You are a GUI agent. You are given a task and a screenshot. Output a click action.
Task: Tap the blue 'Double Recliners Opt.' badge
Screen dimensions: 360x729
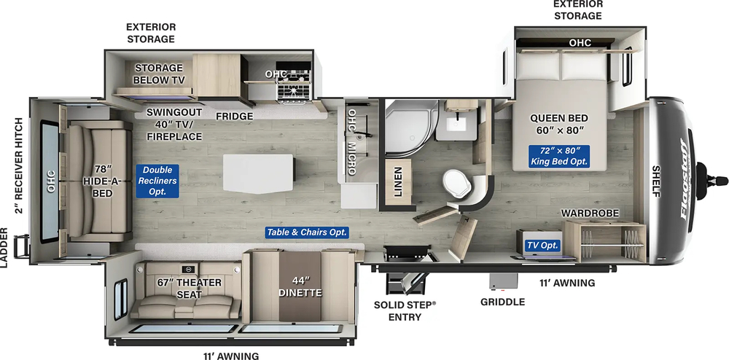coord(155,180)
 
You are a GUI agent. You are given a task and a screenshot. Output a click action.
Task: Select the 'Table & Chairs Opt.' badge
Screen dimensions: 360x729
coord(306,232)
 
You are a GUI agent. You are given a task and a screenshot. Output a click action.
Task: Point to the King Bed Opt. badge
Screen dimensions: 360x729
coord(559,154)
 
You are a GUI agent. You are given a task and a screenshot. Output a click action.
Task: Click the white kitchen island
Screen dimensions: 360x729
coord(259,173)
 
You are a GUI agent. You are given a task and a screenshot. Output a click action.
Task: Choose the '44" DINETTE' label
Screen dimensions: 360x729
coord(300,287)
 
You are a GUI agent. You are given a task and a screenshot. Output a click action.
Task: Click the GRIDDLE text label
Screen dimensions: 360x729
coord(502,302)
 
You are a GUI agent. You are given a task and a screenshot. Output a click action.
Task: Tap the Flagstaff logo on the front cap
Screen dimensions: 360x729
coord(687,179)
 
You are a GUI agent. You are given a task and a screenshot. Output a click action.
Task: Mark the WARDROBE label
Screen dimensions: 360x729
coord(590,213)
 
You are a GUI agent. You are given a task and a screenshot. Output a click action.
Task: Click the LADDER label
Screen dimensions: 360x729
coord(6,249)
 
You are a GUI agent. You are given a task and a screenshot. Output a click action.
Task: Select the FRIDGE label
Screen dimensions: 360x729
coord(234,116)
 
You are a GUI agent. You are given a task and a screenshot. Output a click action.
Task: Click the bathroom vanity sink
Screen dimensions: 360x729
coord(457,120)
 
